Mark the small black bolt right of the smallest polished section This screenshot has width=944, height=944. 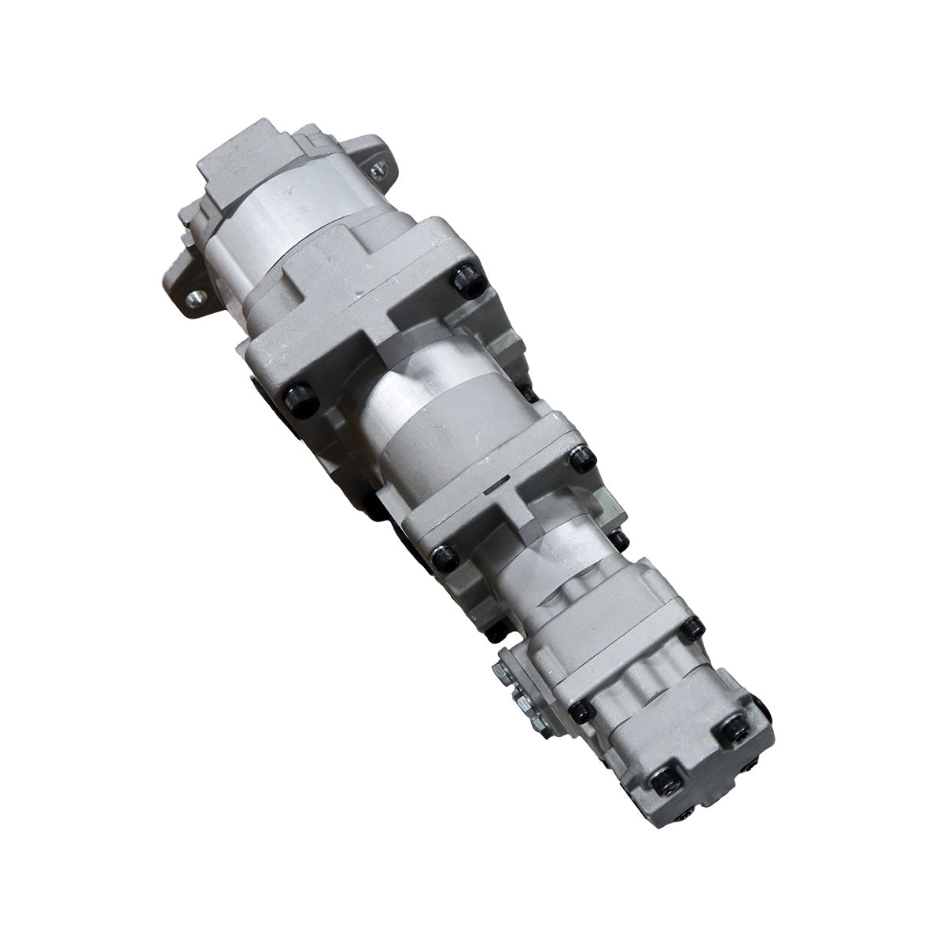[x=621, y=538]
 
